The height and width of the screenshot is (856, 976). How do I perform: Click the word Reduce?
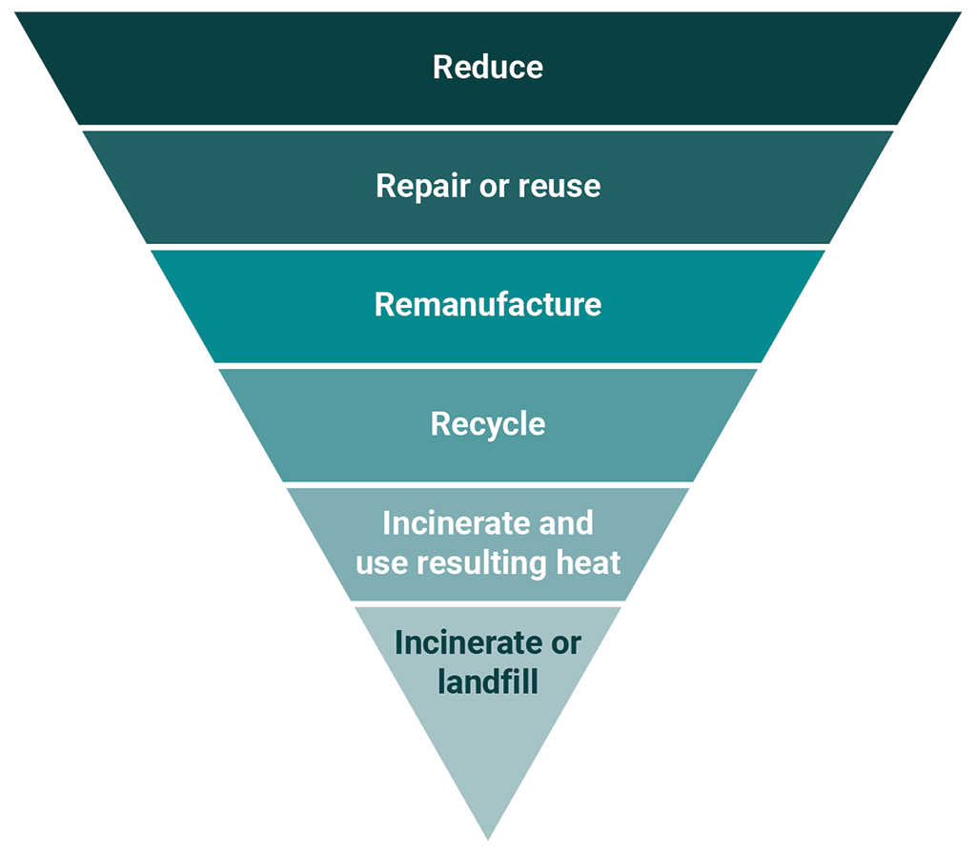tap(487, 68)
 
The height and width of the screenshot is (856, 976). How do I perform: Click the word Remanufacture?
tap(487, 305)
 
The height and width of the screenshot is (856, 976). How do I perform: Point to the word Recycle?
tap(487, 424)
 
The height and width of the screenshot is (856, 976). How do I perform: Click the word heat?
tap(588, 563)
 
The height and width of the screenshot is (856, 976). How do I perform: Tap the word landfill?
tap(487, 683)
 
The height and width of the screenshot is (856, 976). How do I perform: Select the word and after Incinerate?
tap(565, 523)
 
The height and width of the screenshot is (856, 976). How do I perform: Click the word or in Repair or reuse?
tap(494, 186)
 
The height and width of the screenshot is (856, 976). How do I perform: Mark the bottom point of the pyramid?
tap(487, 837)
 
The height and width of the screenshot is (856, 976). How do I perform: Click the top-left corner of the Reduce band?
tap(17, 13)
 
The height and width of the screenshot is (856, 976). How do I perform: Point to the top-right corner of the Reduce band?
tap(959, 13)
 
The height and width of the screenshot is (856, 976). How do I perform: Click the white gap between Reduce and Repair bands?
tap(487, 128)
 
